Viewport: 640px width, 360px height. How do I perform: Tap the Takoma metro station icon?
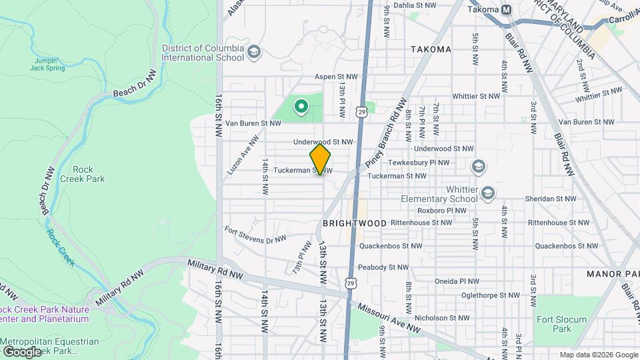tap(507, 9)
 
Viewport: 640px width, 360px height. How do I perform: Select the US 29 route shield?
tap(361, 111)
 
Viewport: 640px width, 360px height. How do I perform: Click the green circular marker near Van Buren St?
tap(301, 105)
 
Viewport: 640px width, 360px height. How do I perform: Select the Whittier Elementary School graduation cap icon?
tap(488, 193)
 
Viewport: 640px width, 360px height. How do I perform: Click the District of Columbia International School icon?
tap(253, 52)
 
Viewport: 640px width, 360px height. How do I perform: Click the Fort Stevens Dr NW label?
tap(255, 235)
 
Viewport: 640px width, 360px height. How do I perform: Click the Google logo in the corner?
tap(21, 351)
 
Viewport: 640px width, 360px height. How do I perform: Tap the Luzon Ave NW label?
tap(243, 155)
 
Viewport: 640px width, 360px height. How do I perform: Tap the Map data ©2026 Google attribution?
tap(597, 355)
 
